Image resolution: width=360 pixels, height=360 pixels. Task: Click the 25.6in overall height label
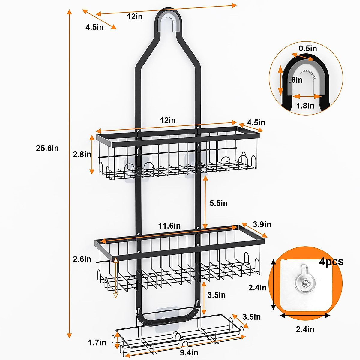(47, 148)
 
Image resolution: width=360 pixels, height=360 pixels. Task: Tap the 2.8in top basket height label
(82, 154)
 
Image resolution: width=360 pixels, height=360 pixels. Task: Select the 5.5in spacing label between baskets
(218, 203)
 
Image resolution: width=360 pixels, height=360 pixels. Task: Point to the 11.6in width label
(169, 226)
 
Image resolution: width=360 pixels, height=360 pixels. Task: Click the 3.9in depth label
(262, 224)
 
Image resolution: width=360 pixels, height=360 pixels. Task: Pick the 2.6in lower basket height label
(82, 259)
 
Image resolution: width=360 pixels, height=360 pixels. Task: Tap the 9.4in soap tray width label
(189, 353)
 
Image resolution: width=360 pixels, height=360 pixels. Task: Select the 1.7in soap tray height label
(97, 343)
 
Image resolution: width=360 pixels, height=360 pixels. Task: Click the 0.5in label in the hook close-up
(308, 49)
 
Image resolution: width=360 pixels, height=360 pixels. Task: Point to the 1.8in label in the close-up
(305, 106)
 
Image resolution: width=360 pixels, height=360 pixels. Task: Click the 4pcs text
(331, 262)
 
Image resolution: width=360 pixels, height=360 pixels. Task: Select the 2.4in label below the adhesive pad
(305, 329)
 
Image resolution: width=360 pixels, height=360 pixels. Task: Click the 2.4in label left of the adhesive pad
(257, 288)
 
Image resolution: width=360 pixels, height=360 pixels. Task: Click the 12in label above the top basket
(168, 120)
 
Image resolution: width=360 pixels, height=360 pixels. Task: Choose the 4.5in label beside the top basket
(256, 123)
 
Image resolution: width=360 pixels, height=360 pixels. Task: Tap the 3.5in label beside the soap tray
(251, 317)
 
